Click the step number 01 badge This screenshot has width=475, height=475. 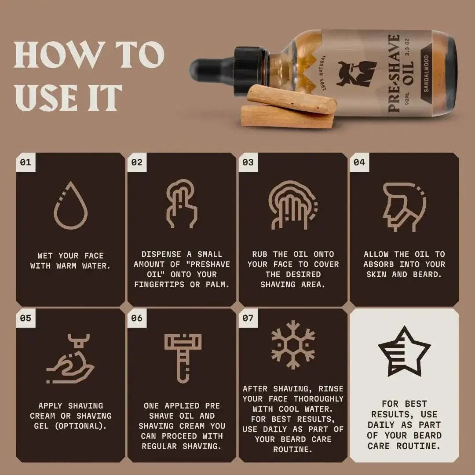[26, 162]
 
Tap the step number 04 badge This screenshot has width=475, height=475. [359, 162]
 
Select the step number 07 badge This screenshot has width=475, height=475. [248, 318]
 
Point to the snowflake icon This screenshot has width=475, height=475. [293, 344]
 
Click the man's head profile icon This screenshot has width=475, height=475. [404, 206]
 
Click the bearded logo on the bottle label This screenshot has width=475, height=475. [356, 73]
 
